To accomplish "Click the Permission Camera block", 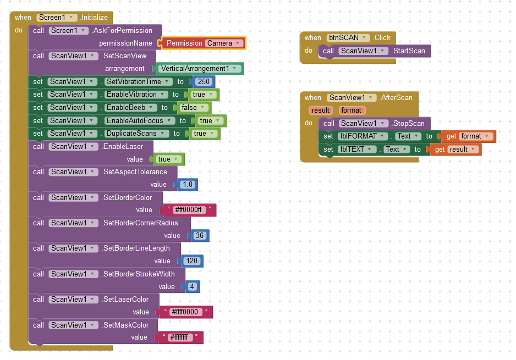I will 202,43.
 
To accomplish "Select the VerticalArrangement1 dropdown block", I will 200,69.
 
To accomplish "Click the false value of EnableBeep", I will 192,108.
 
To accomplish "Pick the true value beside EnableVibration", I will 202,95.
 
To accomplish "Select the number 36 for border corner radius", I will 199,236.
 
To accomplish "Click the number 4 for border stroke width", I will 192,286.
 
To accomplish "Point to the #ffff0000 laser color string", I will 184,312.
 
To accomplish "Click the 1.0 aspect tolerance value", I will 188,185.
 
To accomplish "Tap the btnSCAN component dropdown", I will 348,38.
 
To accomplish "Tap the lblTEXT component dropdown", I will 357,149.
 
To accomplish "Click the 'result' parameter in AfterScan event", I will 320,110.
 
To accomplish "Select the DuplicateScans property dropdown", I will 135,134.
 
